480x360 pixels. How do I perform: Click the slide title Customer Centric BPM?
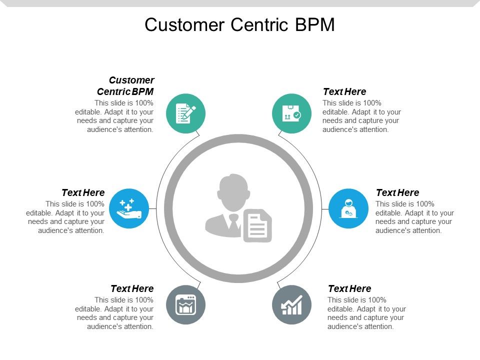coord(239,24)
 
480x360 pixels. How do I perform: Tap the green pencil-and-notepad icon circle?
coord(185,113)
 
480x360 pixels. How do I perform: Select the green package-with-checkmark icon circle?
coord(291,113)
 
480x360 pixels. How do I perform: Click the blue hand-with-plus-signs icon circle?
coord(129,208)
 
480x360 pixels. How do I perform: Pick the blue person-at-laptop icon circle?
coord(348,208)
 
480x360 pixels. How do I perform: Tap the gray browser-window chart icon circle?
coord(185,304)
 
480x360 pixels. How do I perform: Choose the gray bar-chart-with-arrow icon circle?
coord(291,304)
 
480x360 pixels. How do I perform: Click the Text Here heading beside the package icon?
coord(344,91)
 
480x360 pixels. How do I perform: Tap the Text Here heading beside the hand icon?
coord(83,192)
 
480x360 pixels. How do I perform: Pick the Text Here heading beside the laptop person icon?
coord(397,192)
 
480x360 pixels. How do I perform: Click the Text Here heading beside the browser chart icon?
coord(132,288)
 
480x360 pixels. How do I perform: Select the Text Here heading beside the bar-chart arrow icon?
coord(349,288)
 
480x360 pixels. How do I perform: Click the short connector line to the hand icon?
coord(153,208)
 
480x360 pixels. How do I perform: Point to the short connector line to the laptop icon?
coord(324,208)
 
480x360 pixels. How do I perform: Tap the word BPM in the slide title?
coord(315,24)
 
